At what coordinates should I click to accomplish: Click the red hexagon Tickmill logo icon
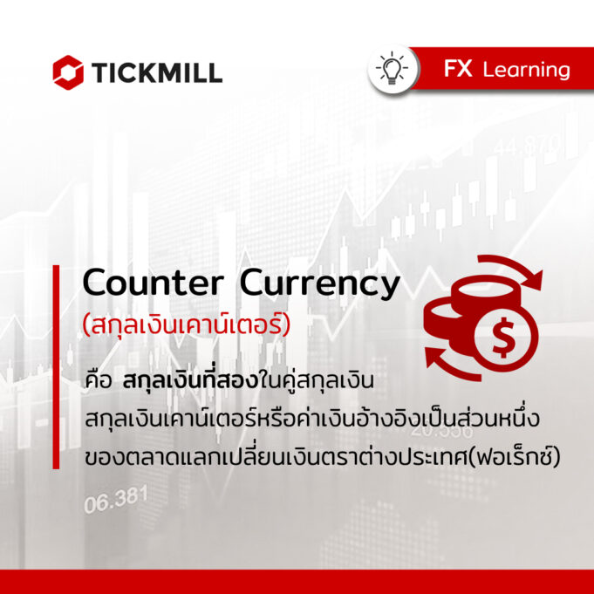(68, 72)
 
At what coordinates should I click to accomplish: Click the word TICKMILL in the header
(156, 72)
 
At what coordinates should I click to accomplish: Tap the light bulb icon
(392, 69)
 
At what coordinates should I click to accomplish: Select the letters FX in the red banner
(458, 69)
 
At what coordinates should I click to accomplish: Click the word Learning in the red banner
(526, 71)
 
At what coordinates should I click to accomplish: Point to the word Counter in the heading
(153, 283)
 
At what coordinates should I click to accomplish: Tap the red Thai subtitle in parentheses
(187, 325)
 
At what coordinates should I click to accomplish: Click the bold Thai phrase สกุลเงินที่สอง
(190, 380)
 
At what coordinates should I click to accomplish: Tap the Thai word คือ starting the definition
(98, 380)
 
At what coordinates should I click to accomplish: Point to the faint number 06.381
(115, 500)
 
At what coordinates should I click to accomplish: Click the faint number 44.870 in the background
(528, 146)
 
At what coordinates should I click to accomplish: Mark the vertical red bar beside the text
(56, 366)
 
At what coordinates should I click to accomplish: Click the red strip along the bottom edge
(297, 582)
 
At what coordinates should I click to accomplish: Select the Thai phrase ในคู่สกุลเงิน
(317, 380)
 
